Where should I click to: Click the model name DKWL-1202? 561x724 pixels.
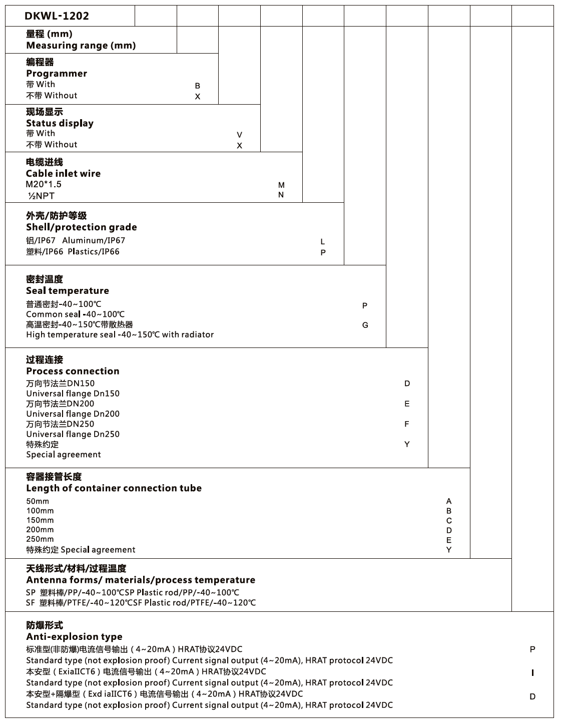(57, 16)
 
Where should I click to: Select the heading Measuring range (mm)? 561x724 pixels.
(81, 46)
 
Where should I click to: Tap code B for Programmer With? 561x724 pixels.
(198, 86)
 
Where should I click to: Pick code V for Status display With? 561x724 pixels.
(239, 135)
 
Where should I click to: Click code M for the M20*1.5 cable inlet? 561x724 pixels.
(281, 185)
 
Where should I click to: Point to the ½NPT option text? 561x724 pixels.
(41, 196)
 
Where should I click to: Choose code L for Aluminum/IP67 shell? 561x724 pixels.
(323, 242)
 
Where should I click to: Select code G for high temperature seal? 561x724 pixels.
(365, 325)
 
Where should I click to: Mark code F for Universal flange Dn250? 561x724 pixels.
(407, 424)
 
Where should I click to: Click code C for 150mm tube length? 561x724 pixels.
(449, 521)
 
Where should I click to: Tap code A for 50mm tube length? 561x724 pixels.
(449, 501)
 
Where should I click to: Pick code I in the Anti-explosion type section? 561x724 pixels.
(532, 673)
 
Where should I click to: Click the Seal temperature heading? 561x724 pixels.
(67, 291)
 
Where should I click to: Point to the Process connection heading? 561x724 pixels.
(73, 371)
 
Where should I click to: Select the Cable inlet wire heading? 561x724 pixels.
(63, 174)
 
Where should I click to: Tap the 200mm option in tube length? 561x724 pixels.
(40, 530)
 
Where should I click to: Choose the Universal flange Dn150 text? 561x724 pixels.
(73, 394)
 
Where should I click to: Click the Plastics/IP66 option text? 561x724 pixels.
(94, 251)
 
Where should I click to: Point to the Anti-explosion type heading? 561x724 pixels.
(74, 637)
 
